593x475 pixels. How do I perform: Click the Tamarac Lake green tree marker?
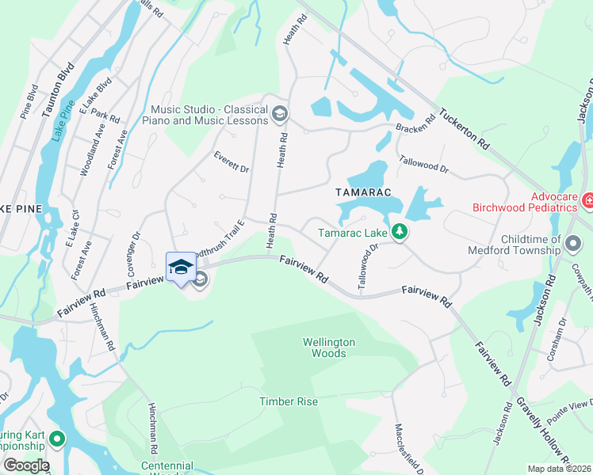(401, 232)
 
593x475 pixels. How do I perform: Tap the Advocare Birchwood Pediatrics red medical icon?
(587, 202)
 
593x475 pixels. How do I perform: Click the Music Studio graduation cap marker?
(279, 116)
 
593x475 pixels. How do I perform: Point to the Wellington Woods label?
(329, 348)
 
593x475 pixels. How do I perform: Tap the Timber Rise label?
(289, 401)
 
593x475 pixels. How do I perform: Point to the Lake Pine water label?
(62, 120)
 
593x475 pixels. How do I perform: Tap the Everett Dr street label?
(231, 163)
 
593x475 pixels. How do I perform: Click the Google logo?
(26, 465)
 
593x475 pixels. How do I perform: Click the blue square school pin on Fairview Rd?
(181, 266)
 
